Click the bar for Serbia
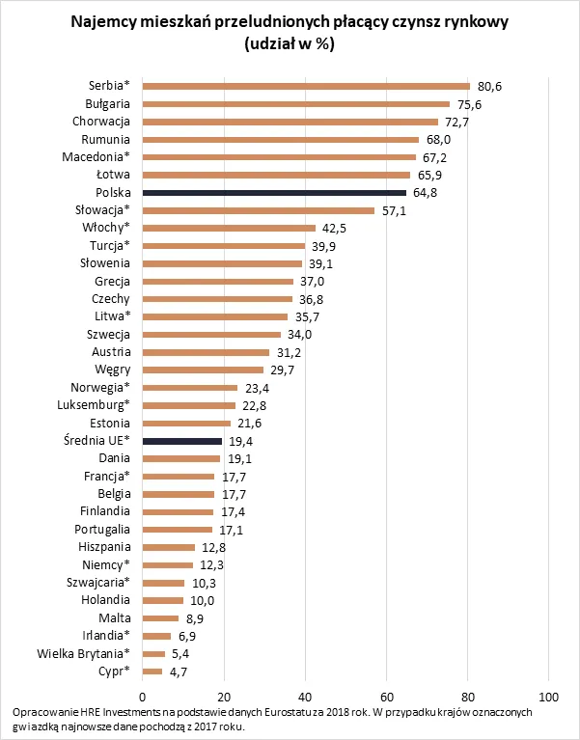pos(306,87)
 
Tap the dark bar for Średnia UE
pos(182,440)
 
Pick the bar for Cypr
pos(152,671)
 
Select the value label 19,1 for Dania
pos(241,458)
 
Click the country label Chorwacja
pos(100,122)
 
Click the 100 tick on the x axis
pos(549,697)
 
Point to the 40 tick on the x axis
pos(305,697)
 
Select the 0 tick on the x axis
pos(143,697)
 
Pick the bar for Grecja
pos(218,281)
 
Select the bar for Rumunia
pos(281,140)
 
